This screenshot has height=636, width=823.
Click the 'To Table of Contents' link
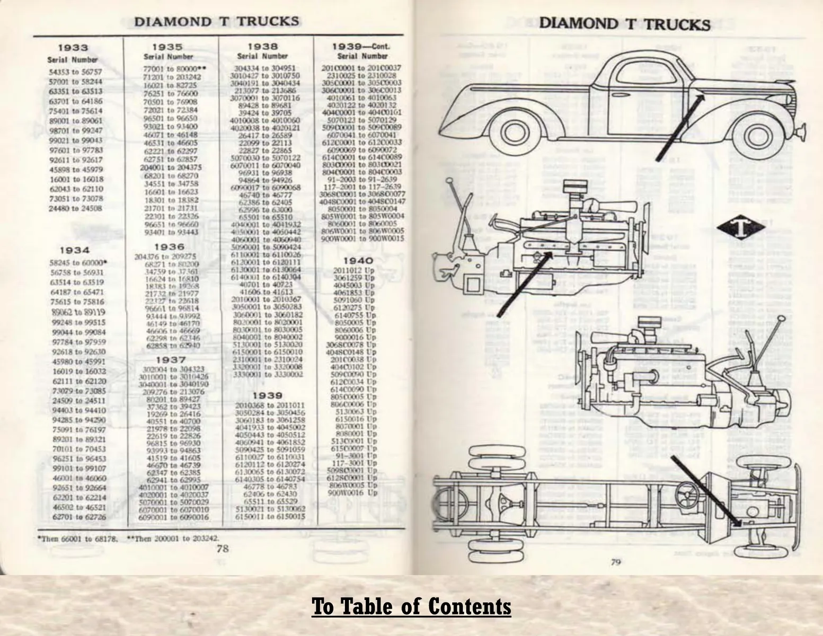click(x=411, y=606)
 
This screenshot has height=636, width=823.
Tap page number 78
click(x=223, y=549)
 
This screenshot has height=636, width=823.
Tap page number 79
click(x=615, y=562)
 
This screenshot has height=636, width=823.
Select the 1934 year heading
click(x=74, y=250)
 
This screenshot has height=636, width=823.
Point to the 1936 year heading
click(x=169, y=246)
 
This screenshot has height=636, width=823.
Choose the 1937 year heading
click(x=170, y=360)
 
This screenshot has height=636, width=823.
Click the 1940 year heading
click(x=358, y=261)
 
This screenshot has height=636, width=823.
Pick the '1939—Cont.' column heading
click(x=362, y=47)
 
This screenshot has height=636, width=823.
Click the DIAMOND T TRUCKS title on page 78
click(x=216, y=22)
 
